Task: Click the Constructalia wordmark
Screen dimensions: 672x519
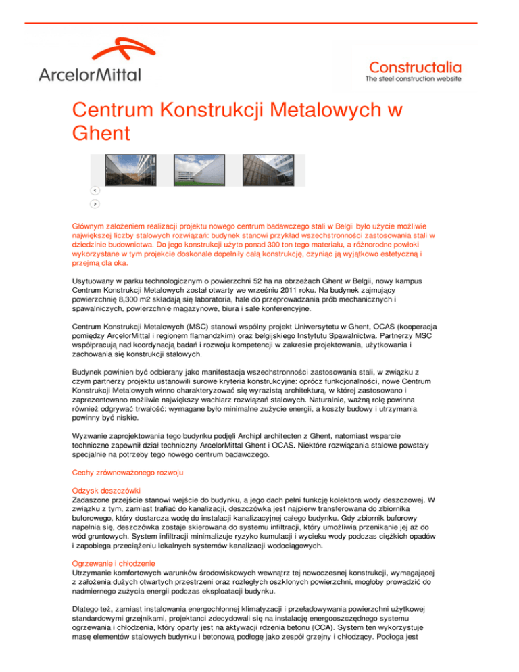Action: (x=416, y=66)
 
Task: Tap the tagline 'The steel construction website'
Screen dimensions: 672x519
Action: (x=414, y=79)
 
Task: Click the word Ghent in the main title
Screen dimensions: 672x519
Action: (x=98, y=135)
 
